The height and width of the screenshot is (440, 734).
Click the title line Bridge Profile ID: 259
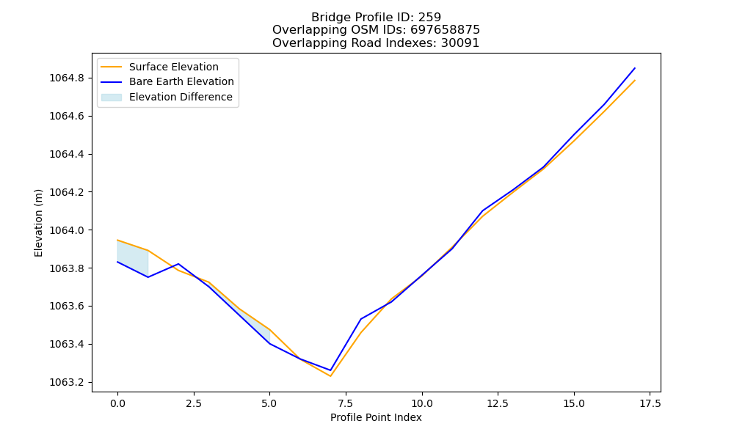pyautogui.click(x=376, y=18)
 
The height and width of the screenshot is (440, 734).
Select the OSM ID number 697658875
pyautogui.click(x=446, y=30)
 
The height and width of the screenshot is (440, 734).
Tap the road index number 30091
pyautogui.click(x=460, y=43)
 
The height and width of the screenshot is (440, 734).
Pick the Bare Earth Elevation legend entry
pyautogui.click(x=167, y=81)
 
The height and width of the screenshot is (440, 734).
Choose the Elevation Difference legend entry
pyautogui.click(x=167, y=97)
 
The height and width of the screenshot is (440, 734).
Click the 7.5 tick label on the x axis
pyautogui.click(x=346, y=403)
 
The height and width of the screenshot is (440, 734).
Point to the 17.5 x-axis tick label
pyautogui.click(x=650, y=403)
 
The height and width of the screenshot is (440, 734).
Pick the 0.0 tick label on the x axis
pyautogui.click(x=117, y=403)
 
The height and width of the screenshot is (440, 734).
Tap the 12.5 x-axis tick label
pyautogui.click(x=498, y=403)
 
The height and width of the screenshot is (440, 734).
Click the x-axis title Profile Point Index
pyautogui.click(x=376, y=417)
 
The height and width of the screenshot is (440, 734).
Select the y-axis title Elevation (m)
pyautogui.click(x=38, y=223)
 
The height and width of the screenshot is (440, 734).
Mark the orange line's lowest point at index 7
pyautogui.click(x=330, y=376)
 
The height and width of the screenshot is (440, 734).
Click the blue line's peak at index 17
pyautogui.click(x=635, y=68)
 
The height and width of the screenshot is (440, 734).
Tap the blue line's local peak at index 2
pyautogui.click(x=178, y=264)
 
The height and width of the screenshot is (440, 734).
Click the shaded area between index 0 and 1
pyautogui.click(x=132, y=258)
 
